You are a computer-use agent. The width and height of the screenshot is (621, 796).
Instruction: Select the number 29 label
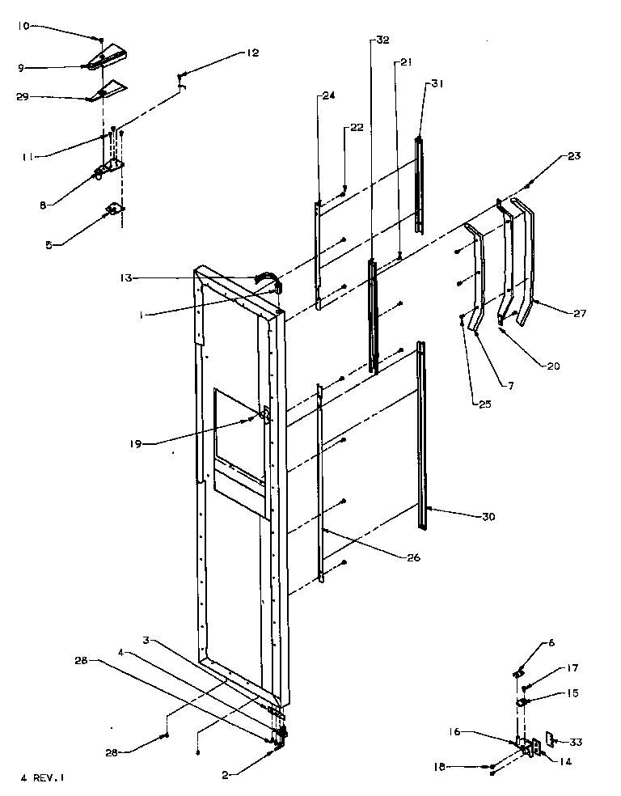(x=23, y=96)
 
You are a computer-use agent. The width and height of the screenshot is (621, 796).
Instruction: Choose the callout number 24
(x=327, y=95)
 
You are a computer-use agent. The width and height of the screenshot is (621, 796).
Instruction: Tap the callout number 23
(x=574, y=156)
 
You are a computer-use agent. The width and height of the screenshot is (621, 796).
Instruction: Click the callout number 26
(x=399, y=557)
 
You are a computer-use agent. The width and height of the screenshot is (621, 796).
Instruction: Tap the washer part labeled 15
(x=521, y=701)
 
